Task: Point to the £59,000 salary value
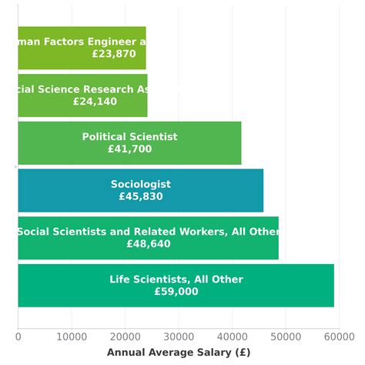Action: [x=176, y=292]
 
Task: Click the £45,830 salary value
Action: [x=141, y=197]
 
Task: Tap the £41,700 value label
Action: [x=129, y=149]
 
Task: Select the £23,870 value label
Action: [x=113, y=54]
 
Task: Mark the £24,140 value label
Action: [x=95, y=102]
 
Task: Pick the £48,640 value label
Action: [x=149, y=244]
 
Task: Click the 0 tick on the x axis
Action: [x=18, y=337]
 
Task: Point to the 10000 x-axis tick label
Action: [x=71, y=337]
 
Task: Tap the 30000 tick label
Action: [x=178, y=337]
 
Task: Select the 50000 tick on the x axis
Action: [x=285, y=337]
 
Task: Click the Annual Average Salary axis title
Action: [x=178, y=352]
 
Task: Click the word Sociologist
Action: [x=141, y=185]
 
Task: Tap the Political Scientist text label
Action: [x=129, y=137]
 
